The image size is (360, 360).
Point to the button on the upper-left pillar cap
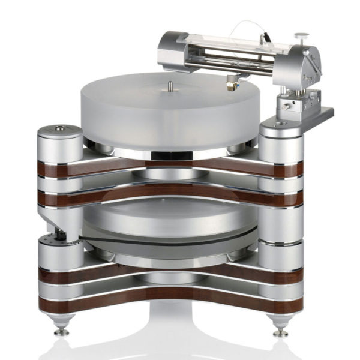pos(60,128)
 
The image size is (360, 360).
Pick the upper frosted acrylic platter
pos(168,114)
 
